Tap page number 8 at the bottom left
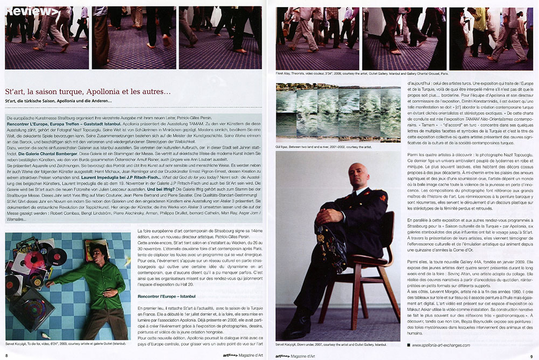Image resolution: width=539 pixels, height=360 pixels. [6, 356]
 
